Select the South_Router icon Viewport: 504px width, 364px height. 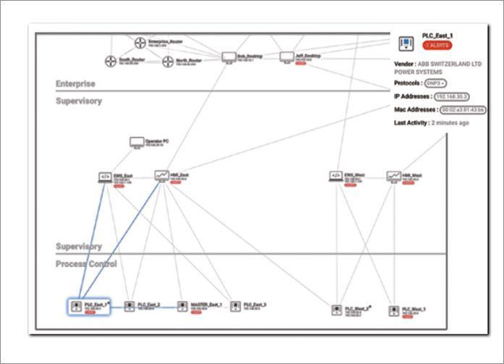point(111,62)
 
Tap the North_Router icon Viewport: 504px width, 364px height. point(168,62)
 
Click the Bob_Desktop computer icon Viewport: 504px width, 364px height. point(229,57)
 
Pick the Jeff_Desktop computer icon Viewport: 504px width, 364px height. point(287,56)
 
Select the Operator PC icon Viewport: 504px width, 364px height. point(137,143)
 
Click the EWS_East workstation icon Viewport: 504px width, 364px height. point(105,177)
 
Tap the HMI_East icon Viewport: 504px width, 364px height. point(161,175)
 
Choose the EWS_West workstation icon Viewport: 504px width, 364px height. point(335,176)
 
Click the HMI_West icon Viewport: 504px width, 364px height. point(393,176)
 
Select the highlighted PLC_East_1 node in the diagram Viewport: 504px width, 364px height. point(75,308)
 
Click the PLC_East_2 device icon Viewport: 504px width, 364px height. point(130,307)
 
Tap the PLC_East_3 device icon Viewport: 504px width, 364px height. point(235,307)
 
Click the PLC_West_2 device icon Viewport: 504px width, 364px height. point(337,310)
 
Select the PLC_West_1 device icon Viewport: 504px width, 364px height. point(393,310)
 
